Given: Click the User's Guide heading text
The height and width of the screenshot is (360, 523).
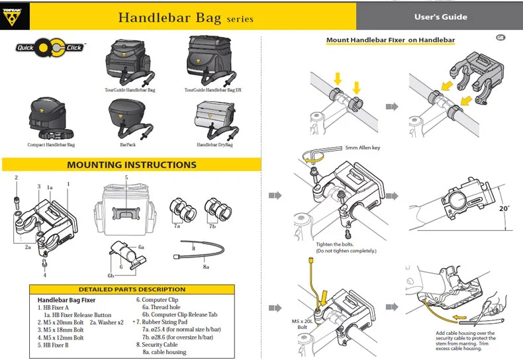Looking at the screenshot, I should click(x=440, y=17).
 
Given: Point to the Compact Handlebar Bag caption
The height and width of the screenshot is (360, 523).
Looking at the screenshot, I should click(x=51, y=144).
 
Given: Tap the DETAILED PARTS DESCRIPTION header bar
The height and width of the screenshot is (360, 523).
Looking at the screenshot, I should click(x=132, y=289).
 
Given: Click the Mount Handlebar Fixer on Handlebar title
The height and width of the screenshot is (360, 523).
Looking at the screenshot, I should click(x=390, y=40).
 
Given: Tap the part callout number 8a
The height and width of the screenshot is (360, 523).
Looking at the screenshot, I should click(x=207, y=266).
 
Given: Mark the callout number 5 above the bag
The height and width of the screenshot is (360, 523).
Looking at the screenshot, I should click(x=126, y=178).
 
